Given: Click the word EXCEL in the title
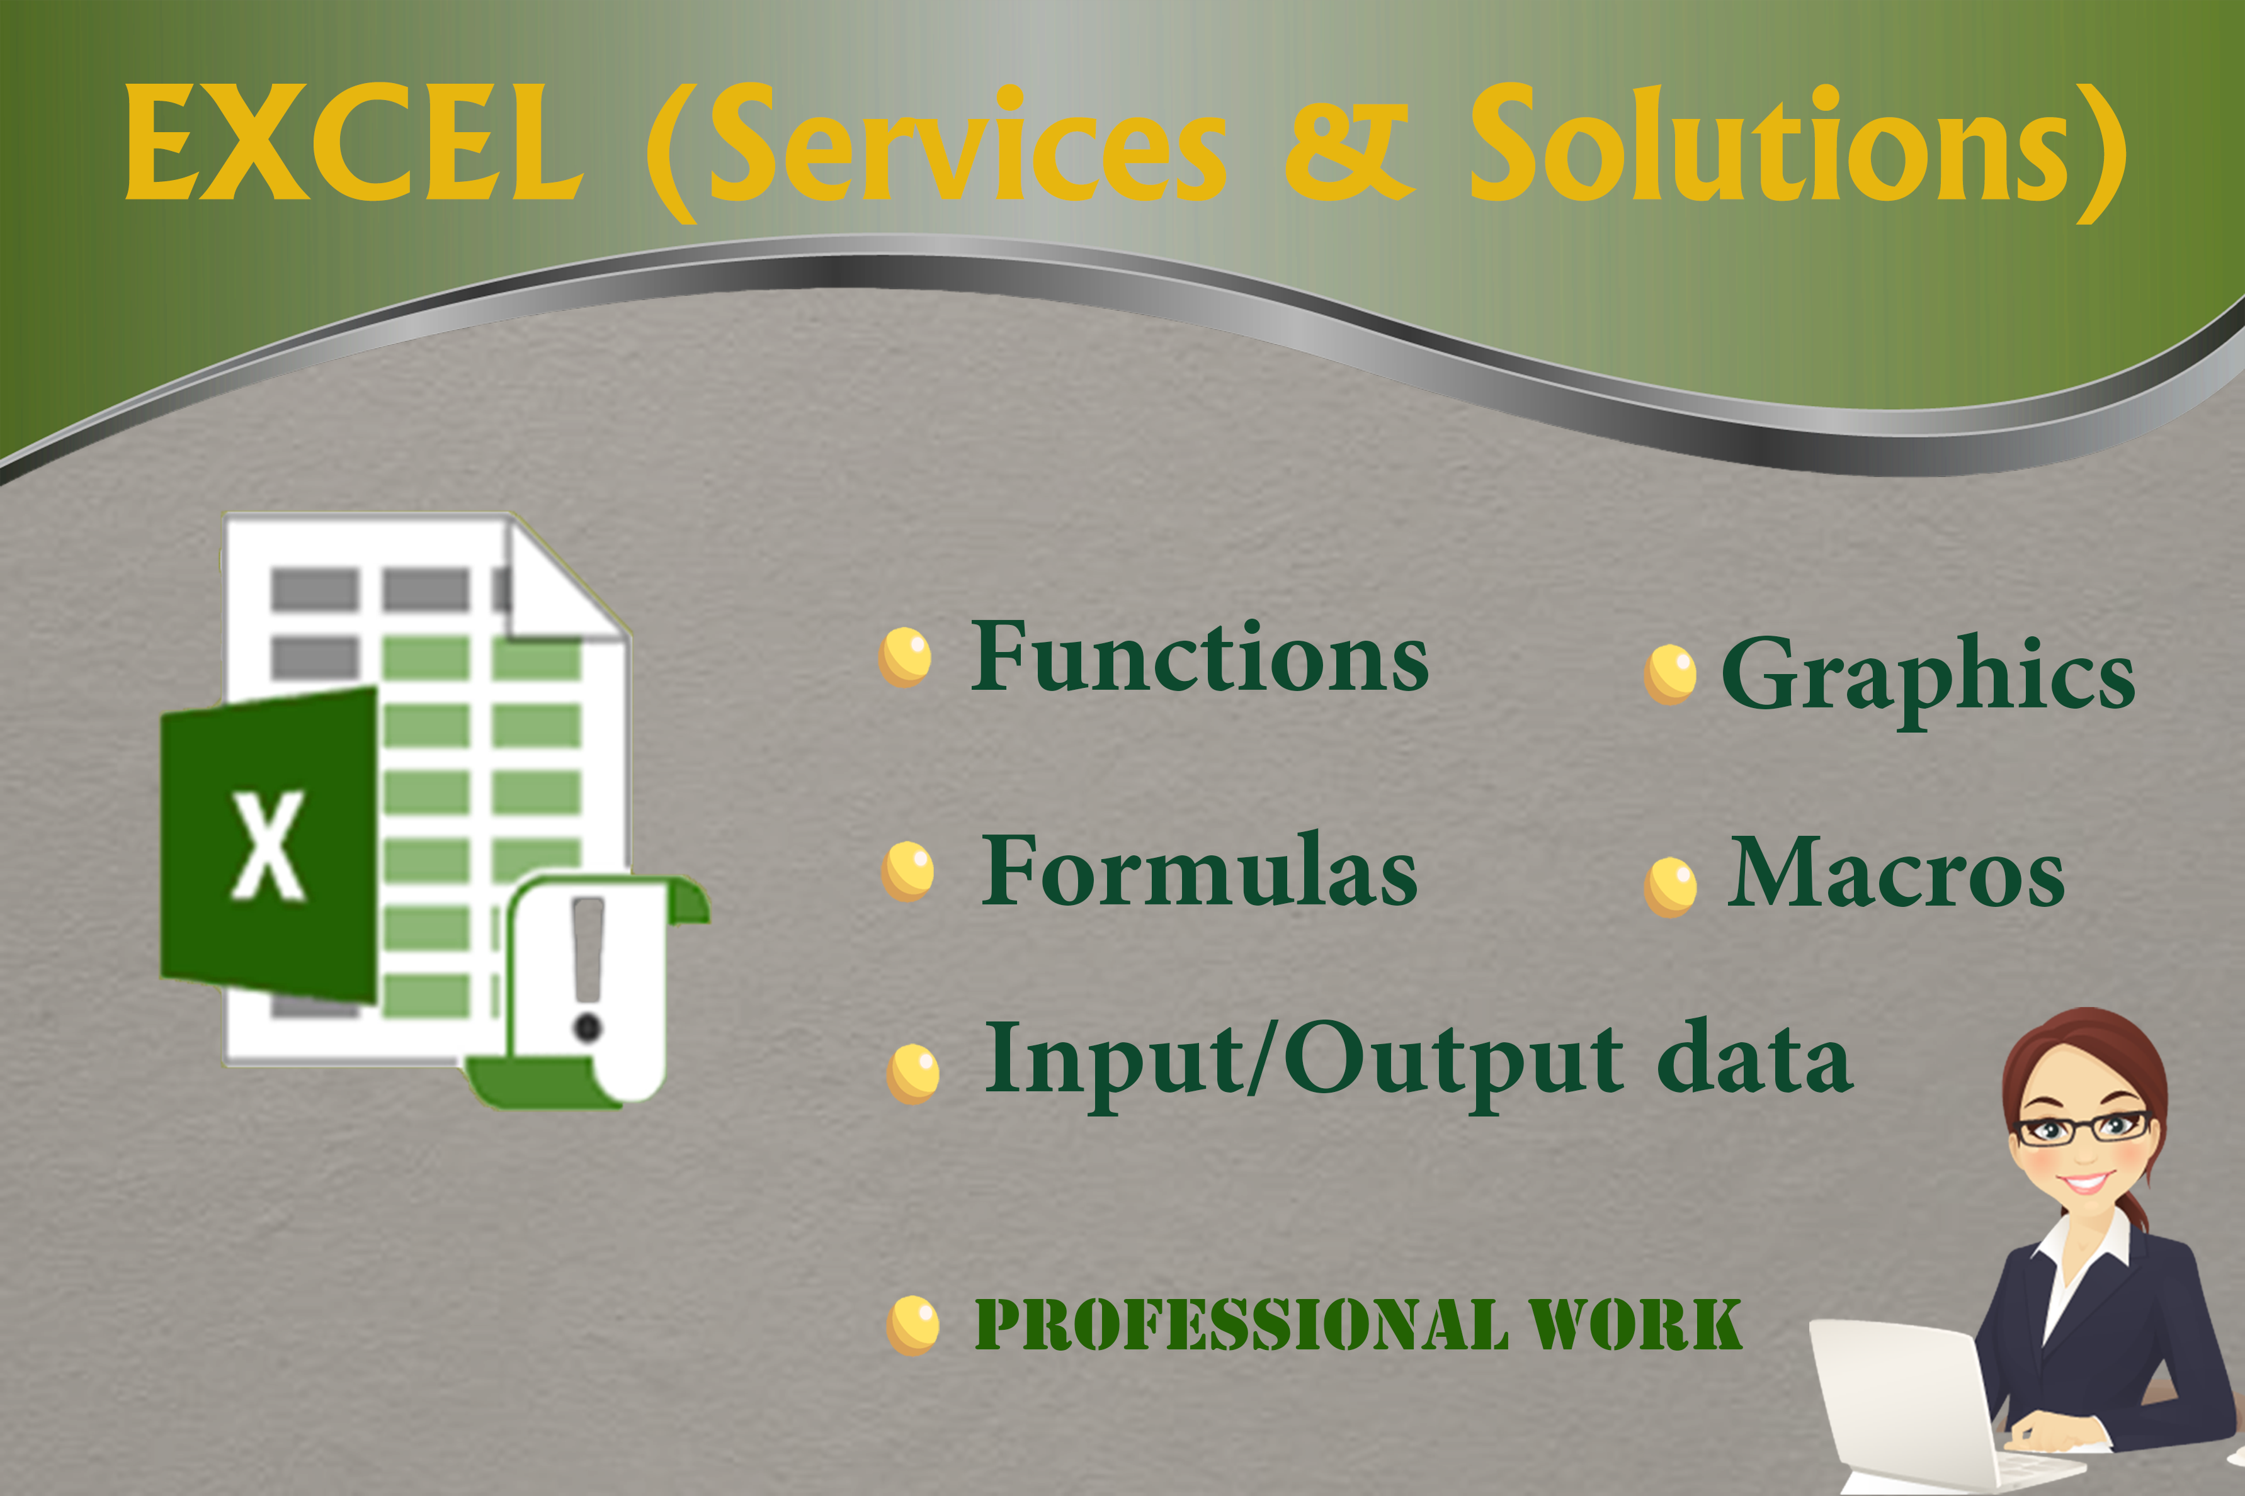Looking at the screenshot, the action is (354, 143).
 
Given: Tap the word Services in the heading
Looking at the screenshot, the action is (967, 143).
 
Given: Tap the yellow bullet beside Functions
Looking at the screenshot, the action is (905, 657).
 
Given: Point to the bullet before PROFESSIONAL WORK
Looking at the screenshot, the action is (912, 1325).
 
